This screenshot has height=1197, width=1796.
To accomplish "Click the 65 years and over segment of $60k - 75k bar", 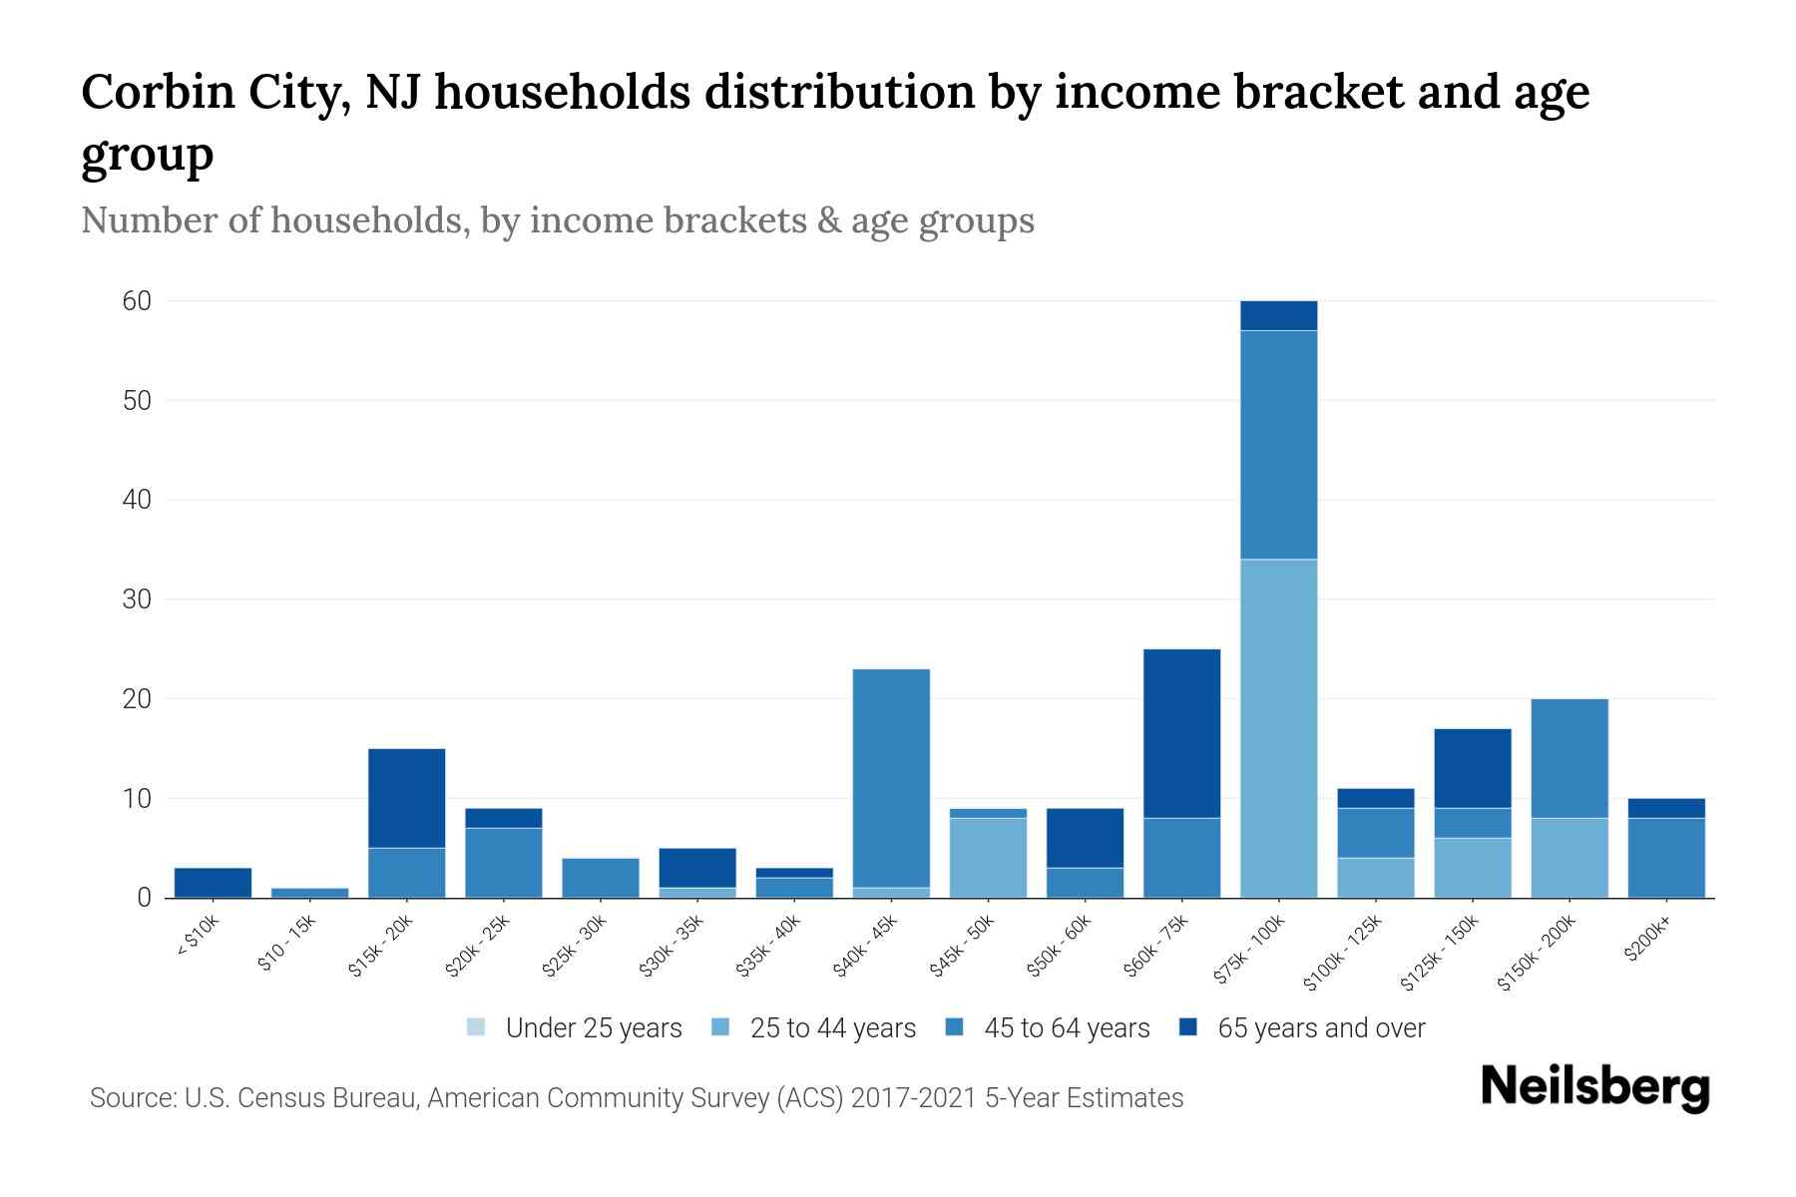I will [x=1181, y=733].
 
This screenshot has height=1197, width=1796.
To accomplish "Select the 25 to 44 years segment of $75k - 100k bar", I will [x=1278, y=728].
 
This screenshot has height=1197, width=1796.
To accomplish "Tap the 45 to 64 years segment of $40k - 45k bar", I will [x=891, y=778].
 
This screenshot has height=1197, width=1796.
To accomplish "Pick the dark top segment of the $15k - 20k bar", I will [x=406, y=798].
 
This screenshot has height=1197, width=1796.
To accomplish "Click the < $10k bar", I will [x=213, y=883].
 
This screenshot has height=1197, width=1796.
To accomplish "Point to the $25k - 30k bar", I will [x=601, y=878].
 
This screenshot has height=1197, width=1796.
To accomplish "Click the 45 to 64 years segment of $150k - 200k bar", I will [x=1570, y=758].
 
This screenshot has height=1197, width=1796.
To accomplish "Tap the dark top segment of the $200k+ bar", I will [x=1666, y=808].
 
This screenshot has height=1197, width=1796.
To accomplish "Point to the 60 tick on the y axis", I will [x=137, y=301].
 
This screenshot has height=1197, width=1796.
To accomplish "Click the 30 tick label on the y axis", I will [x=137, y=599].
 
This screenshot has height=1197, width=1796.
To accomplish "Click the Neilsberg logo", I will [x=1594, y=1086].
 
